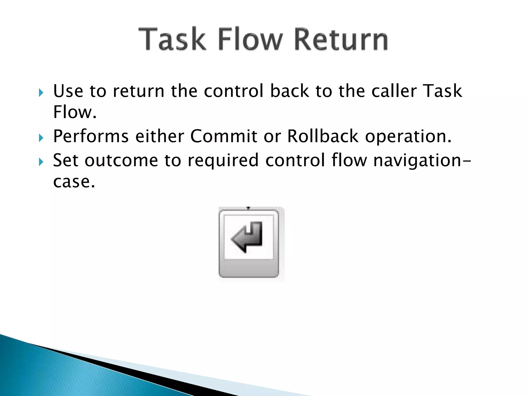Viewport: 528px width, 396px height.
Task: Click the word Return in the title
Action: [x=341, y=39]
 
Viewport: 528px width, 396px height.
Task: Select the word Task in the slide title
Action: [x=172, y=39]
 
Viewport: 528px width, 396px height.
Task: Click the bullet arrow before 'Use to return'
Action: [x=41, y=93]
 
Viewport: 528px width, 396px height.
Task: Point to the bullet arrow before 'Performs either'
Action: [x=41, y=138]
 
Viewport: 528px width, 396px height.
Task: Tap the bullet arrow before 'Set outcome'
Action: [x=41, y=162]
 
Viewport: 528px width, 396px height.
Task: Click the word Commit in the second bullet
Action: [x=224, y=136]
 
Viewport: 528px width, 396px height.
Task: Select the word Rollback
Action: [x=323, y=136]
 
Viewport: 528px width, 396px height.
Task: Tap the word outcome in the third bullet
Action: [x=121, y=160]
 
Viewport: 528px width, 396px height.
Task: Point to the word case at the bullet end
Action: [x=74, y=182]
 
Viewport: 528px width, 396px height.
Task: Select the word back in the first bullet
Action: [x=290, y=91]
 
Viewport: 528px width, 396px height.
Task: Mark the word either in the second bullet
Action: [x=160, y=136]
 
